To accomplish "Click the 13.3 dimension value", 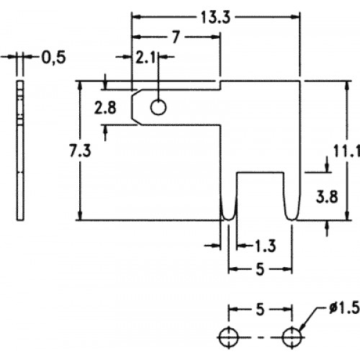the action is tap(215, 17).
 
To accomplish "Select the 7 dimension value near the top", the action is tap(176, 37).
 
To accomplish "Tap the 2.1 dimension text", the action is tap(145, 57).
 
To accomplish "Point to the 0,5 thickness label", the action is tap(54, 58).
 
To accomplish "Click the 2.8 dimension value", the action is tap(105, 107).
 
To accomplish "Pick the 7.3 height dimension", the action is tap(80, 151).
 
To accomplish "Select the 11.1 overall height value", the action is tap(346, 151).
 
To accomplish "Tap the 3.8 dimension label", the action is tap(327, 197).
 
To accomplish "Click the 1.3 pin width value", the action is tap(265, 246).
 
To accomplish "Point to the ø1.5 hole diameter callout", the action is tap(344, 307).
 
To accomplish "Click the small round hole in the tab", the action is tap(158, 107).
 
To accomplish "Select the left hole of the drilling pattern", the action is tap(228, 337).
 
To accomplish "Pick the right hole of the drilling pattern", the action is tap(292, 337).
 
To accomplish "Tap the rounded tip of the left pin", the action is tap(229, 219).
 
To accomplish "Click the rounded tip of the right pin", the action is tap(292, 219).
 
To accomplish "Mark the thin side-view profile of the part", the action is tap(20, 150).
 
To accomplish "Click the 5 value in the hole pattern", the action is tap(261, 310).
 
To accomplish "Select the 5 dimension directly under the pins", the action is tap(261, 269).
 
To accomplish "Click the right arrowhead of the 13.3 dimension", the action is tap(296, 17).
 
